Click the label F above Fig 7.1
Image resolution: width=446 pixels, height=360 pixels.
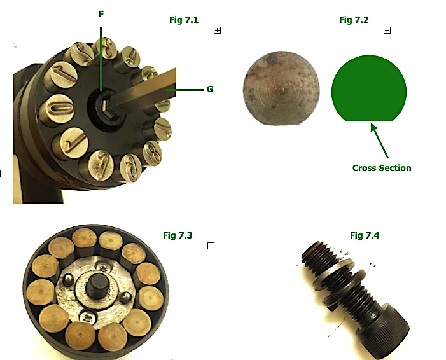pos(101,13)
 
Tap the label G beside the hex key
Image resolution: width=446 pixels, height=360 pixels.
pos(209,89)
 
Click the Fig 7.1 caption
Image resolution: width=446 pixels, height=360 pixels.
pos(184,20)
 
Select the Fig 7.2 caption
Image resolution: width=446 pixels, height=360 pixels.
pos(354,20)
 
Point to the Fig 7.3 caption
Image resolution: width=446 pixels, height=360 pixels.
pos(178,235)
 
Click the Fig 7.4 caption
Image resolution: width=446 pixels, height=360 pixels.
pos(365,235)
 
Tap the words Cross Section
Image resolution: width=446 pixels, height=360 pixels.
pos(382,168)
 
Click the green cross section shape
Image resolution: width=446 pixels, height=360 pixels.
pos(368,89)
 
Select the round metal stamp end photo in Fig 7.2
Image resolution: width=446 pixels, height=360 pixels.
pos(281,88)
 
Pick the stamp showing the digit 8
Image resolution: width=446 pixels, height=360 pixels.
pos(153,153)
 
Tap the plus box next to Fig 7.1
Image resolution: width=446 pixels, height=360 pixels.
pos(217,30)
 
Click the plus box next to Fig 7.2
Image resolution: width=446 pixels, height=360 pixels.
pos(387,30)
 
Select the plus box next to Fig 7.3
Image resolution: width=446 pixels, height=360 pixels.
pos(211,246)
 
